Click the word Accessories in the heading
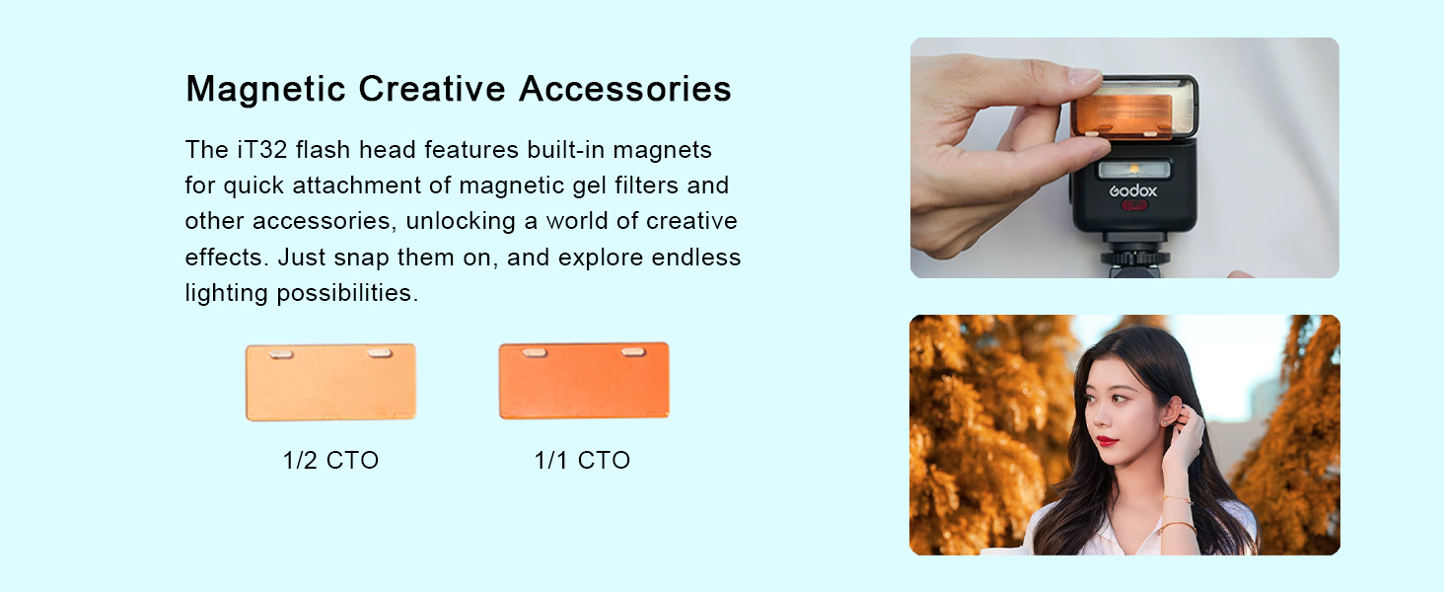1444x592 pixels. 625,89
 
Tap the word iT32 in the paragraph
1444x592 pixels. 261,150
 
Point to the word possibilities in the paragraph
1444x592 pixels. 347,293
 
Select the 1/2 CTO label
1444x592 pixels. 330,461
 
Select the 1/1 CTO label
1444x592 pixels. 582,461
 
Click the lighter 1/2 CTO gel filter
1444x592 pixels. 330,383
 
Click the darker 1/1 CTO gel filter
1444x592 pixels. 584,381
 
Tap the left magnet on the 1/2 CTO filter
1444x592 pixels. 281,353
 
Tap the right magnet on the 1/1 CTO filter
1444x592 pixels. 633,352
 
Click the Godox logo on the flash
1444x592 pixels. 1132,190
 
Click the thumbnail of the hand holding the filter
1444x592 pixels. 1124,157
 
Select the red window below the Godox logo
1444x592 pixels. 1134,205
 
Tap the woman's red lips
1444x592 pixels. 1107,442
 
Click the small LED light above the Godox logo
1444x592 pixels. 1134,170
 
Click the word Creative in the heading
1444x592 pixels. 432,89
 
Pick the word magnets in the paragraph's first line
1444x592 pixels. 662,150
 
